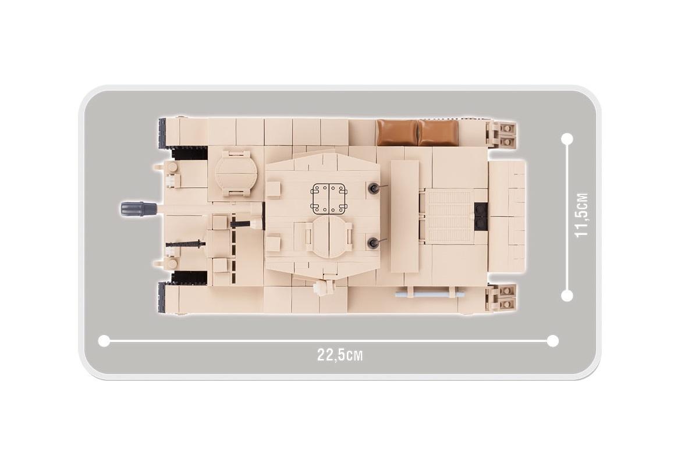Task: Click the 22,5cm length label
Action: point(340,355)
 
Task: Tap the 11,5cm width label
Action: point(581,215)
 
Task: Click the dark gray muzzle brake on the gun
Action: point(139,209)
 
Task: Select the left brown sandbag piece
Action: point(398,133)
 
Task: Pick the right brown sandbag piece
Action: point(438,133)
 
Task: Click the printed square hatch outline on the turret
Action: point(329,199)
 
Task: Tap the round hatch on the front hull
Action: point(236,173)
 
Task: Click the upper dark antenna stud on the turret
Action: point(372,188)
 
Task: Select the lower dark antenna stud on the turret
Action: point(372,243)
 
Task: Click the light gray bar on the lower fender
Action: point(430,294)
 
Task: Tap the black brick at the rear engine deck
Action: point(481,216)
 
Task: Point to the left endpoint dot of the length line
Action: point(104,341)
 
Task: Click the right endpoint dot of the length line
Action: point(553,341)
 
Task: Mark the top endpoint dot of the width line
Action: point(567,139)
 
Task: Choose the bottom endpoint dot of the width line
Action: point(567,295)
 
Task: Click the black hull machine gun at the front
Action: point(186,244)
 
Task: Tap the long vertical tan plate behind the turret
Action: point(405,217)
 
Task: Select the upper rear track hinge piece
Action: point(501,134)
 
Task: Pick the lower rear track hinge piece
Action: point(501,298)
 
